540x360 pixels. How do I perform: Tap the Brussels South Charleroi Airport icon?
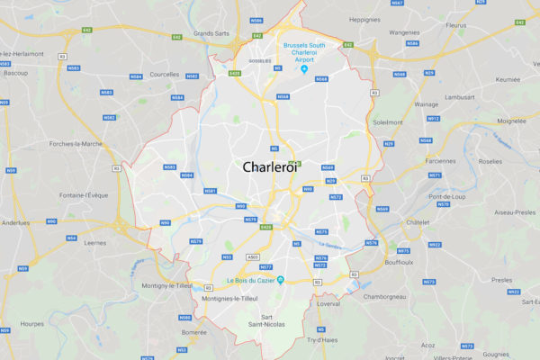click(x=304, y=70)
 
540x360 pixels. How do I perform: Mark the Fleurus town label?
click(x=456, y=25)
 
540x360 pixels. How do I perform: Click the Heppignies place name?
click(x=364, y=19)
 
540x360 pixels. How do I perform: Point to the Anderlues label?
click(x=15, y=222)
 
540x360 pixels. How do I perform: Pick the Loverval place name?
click(x=328, y=303)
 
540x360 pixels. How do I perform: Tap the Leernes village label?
click(x=94, y=242)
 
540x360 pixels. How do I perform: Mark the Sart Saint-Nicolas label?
click(x=266, y=323)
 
